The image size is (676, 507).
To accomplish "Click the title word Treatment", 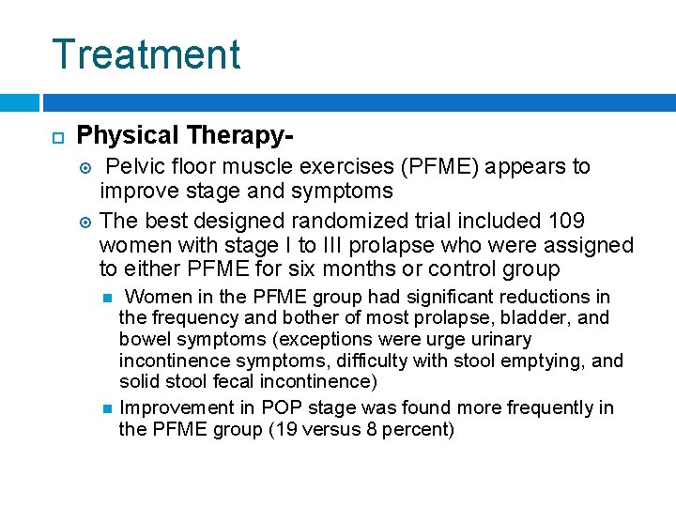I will tap(146, 54).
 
